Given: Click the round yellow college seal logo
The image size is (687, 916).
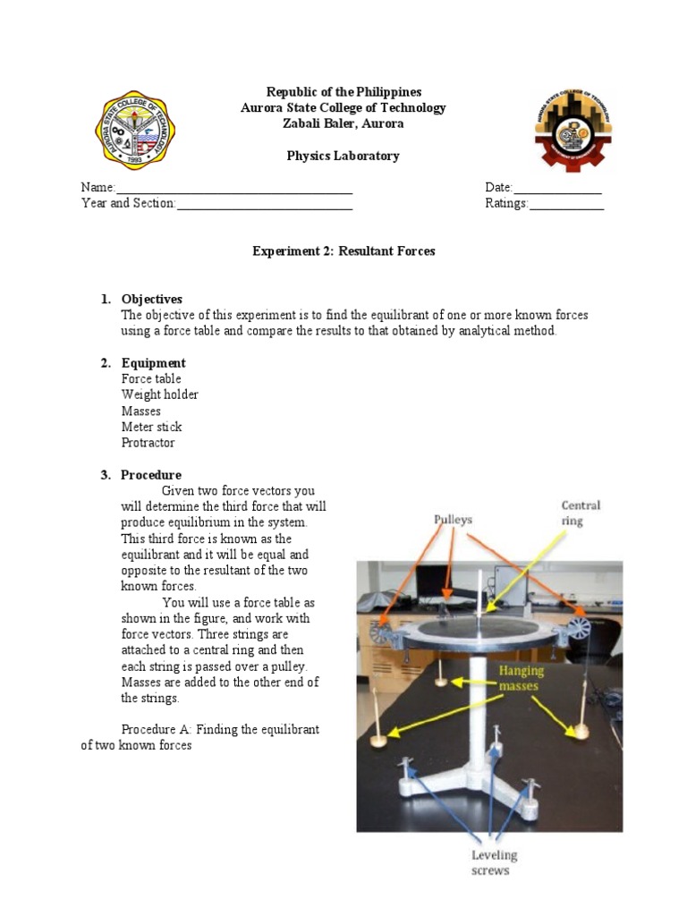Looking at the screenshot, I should (135, 131).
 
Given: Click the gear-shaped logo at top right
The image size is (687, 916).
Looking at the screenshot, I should (573, 131).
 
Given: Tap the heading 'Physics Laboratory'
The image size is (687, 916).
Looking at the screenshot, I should (343, 156).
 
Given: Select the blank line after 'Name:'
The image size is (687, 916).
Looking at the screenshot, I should (234, 189).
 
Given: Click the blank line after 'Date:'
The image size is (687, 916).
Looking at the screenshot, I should (556, 189).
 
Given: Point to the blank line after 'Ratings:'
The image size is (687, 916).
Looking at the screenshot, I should (566, 205).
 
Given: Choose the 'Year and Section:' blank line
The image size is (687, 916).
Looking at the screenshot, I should (264, 205).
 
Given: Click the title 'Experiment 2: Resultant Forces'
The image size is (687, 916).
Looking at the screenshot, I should (343, 251).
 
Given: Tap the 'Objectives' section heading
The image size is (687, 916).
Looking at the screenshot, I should (152, 299).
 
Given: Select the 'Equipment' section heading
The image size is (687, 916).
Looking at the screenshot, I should (154, 363).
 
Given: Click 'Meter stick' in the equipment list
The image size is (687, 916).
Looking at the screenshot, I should (152, 427).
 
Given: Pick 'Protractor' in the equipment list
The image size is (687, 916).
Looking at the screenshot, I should (148, 443).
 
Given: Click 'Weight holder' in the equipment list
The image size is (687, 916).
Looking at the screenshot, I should (160, 394).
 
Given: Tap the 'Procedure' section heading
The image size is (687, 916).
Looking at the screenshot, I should (151, 475).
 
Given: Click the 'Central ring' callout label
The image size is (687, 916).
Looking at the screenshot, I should (581, 513).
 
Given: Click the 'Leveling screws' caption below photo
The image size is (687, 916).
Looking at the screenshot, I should (495, 862).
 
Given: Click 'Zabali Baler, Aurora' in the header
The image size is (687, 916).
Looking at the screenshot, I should (343, 123).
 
